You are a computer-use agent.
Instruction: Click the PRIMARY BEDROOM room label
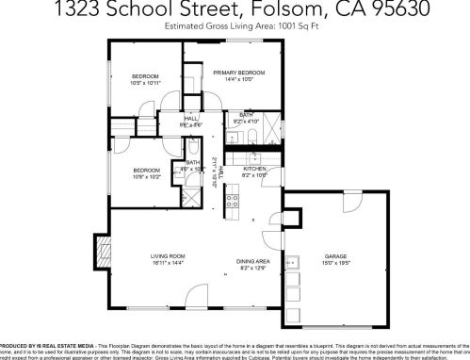(235, 73)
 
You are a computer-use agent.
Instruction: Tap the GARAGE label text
(336, 256)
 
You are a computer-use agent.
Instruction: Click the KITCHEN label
(255, 169)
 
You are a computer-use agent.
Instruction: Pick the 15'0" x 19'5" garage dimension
(336, 264)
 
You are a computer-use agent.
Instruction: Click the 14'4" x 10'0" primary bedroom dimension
(235, 80)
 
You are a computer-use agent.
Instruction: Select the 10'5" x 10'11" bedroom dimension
(144, 83)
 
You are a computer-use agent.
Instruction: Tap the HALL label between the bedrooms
(191, 118)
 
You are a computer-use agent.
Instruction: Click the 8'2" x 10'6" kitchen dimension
(255, 175)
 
